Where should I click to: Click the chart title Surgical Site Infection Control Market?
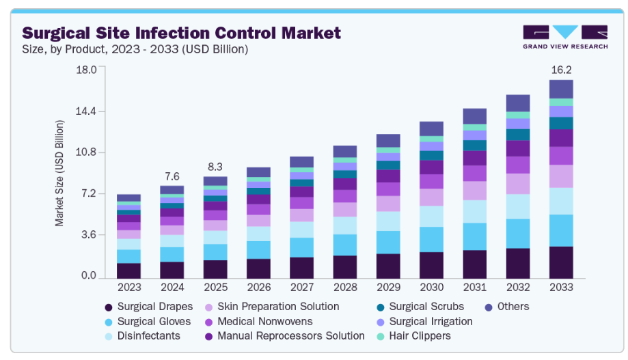click(x=181, y=32)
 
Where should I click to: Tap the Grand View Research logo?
click(x=564, y=37)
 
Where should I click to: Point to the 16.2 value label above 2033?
click(x=560, y=70)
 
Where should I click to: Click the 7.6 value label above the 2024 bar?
click(x=172, y=176)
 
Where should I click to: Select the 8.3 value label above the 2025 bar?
click(x=215, y=166)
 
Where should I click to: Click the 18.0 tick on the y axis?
click(x=86, y=69)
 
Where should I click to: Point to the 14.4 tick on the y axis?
click(x=86, y=111)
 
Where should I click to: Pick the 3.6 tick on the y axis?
click(x=89, y=235)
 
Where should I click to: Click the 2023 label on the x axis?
click(x=128, y=287)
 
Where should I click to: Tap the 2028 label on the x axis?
click(x=344, y=287)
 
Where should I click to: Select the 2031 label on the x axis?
click(x=474, y=287)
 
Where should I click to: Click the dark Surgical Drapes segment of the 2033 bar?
click(x=560, y=262)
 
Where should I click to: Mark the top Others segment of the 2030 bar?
click(x=431, y=128)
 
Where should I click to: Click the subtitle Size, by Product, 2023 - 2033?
click(x=135, y=49)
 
